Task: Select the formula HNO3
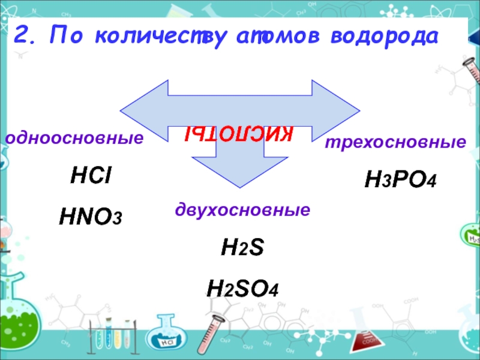pyautogui.click(x=90, y=217)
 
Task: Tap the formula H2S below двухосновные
pyautogui.click(x=242, y=250)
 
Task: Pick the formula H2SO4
pyautogui.click(x=242, y=289)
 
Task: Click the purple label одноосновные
pyautogui.click(x=74, y=139)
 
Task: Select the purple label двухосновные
pyautogui.click(x=242, y=211)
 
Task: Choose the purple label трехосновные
pyautogui.click(x=395, y=143)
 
